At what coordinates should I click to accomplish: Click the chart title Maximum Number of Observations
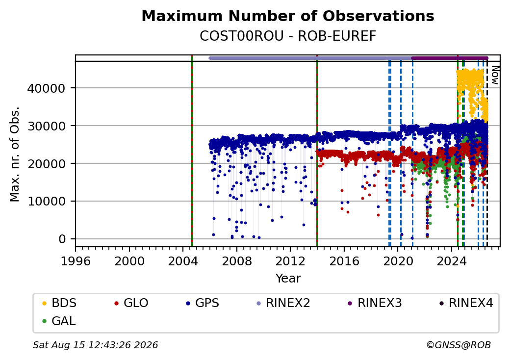[288, 16]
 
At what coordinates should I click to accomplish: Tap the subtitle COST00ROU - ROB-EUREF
[288, 36]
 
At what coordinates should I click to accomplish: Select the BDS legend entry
[59, 303]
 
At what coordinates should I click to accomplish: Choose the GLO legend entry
[131, 303]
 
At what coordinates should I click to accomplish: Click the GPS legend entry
[203, 303]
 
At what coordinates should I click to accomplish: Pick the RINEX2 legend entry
[283, 303]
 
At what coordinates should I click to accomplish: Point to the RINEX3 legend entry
[375, 303]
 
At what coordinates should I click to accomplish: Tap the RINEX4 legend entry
[466, 303]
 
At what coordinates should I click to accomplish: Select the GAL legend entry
[59, 321]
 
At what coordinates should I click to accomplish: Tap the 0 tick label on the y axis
[62, 239]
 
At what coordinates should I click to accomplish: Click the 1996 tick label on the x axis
[76, 261]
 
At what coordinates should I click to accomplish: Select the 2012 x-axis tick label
[290, 261]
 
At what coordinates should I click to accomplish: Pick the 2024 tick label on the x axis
[452, 261]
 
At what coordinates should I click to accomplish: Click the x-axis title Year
[288, 279]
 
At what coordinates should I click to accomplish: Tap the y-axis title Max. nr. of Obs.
[15, 154]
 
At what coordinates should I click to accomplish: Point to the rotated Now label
[495, 75]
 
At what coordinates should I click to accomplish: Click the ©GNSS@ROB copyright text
[459, 345]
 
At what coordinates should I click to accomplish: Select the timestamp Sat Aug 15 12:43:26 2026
[96, 345]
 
